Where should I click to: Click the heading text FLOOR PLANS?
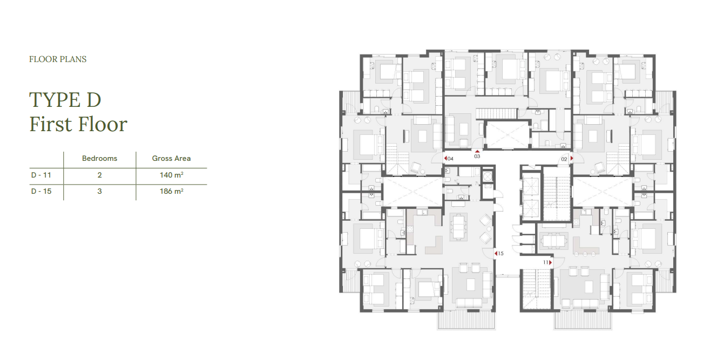point(58,59)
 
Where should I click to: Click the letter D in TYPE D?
point(94,100)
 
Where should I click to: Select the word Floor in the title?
point(103,124)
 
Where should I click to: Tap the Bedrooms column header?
point(99,159)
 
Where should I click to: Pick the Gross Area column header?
point(171,159)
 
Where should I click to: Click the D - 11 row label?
point(41,175)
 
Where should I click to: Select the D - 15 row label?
point(41,192)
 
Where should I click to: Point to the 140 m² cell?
point(172,175)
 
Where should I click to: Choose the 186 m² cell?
point(172,192)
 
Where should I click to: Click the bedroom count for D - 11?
point(99,175)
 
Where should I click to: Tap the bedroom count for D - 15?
point(99,192)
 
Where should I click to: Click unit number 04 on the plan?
point(450,159)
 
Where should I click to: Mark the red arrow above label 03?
point(477,152)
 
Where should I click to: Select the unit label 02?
point(564,159)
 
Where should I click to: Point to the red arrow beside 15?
point(496,254)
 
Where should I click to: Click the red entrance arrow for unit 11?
point(551,263)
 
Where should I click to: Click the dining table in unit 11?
point(553,241)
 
